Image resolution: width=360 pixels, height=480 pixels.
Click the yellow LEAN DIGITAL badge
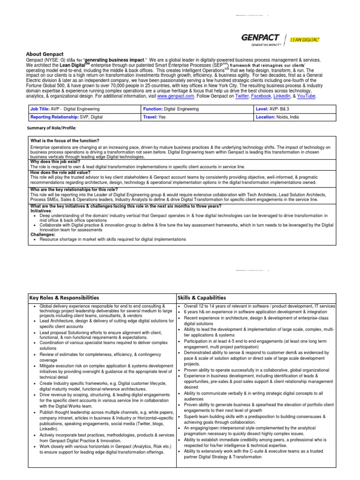305,40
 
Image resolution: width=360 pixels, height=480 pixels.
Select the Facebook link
261,96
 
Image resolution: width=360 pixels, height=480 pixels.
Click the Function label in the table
153,109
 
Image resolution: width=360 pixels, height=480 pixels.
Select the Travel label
150,117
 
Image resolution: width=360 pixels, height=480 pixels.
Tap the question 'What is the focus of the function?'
64,141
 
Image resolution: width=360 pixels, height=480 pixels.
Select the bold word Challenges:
43,234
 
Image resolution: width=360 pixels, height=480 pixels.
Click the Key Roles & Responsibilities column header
64,297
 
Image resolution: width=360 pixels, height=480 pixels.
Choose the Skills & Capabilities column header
202,297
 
